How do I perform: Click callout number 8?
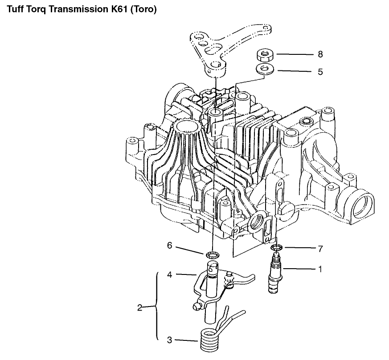pos(320,54)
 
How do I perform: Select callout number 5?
pos(320,72)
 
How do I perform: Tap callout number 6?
pos(169,245)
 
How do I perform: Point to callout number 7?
pos(320,249)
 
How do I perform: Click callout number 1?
pos(320,269)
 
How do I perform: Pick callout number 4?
pos(170,274)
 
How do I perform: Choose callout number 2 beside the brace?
pos(140,308)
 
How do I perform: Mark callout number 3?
pos(169,340)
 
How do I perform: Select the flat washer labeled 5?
pos(265,69)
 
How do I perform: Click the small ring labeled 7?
pos(275,248)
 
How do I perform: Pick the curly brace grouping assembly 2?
pos(157,307)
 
